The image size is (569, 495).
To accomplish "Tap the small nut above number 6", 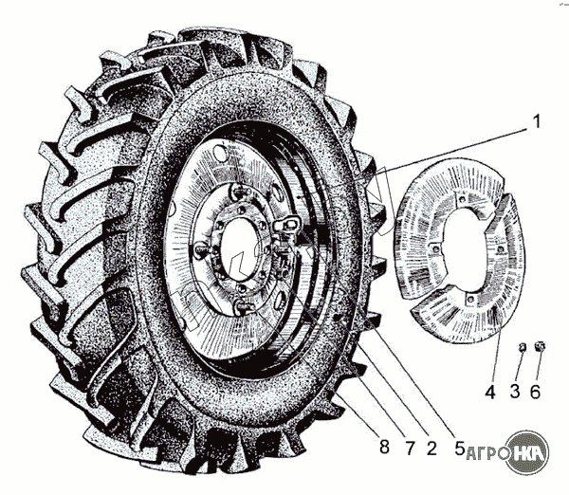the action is [541, 346].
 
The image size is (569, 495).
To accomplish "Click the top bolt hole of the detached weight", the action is [456, 198].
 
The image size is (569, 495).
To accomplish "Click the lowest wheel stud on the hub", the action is [244, 305].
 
